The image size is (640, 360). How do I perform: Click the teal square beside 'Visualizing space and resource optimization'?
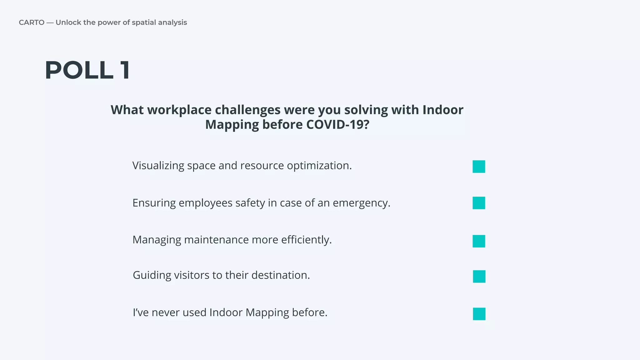click(x=479, y=167)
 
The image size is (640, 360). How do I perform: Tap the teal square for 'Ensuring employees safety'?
click(x=479, y=203)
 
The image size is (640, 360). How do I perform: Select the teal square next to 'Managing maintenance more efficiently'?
click(x=479, y=241)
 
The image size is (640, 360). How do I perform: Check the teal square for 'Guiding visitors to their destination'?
click(x=479, y=277)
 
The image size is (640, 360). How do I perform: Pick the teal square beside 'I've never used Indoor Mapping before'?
click(x=479, y=314)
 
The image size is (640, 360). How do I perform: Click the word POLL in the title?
click(x=79, y=71)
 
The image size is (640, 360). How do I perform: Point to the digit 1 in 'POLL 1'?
click(x=125, y=71)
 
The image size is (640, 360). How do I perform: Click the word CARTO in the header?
click(x=32, y=22)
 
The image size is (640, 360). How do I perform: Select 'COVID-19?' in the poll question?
click(x=337, y=125)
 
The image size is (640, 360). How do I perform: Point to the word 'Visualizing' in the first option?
click(x=158, y=166)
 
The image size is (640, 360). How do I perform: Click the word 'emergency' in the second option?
click(x=361, y=203)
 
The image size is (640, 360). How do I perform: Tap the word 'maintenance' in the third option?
click(x=216, y=240)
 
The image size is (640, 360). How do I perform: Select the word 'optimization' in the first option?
click(x=319, y=166)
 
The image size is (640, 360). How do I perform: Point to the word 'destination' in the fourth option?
click(x=280, y=275)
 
